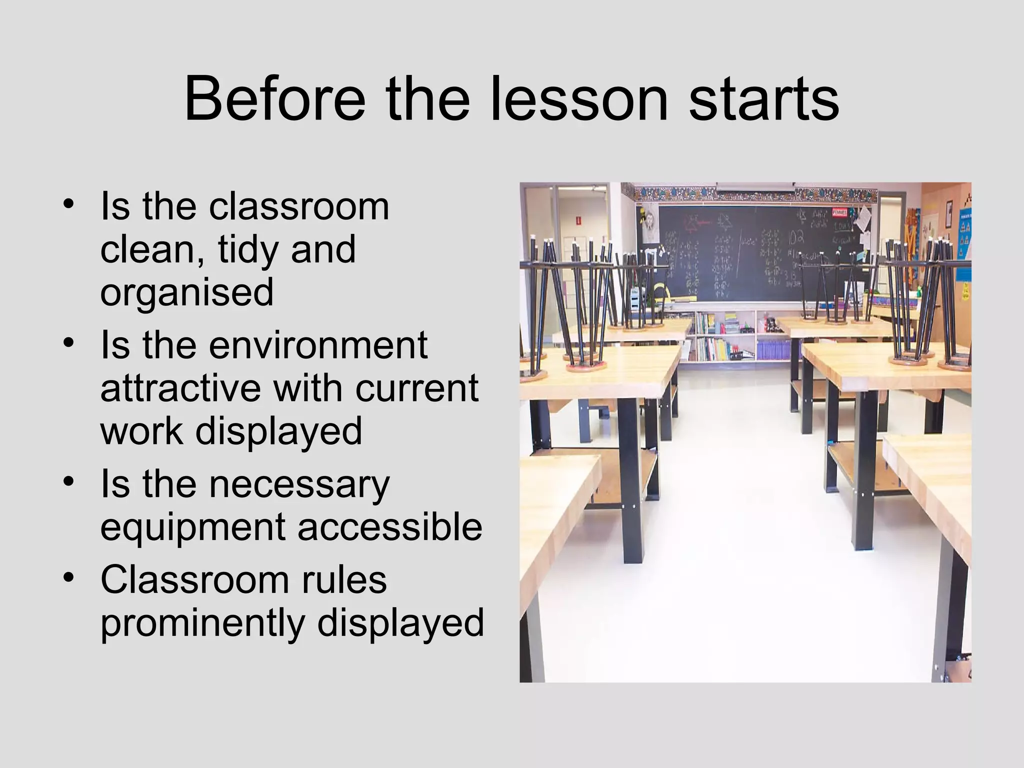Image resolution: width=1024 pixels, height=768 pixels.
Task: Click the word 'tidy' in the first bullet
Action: click(248, 250)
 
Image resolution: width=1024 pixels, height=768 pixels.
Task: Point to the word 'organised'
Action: click(187, 294)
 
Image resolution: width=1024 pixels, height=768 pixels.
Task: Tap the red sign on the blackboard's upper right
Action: click(839, 212)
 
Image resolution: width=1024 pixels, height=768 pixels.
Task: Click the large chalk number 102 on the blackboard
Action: click(796, 238)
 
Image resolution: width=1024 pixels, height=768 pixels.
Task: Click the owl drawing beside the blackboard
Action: click(649, 220)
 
